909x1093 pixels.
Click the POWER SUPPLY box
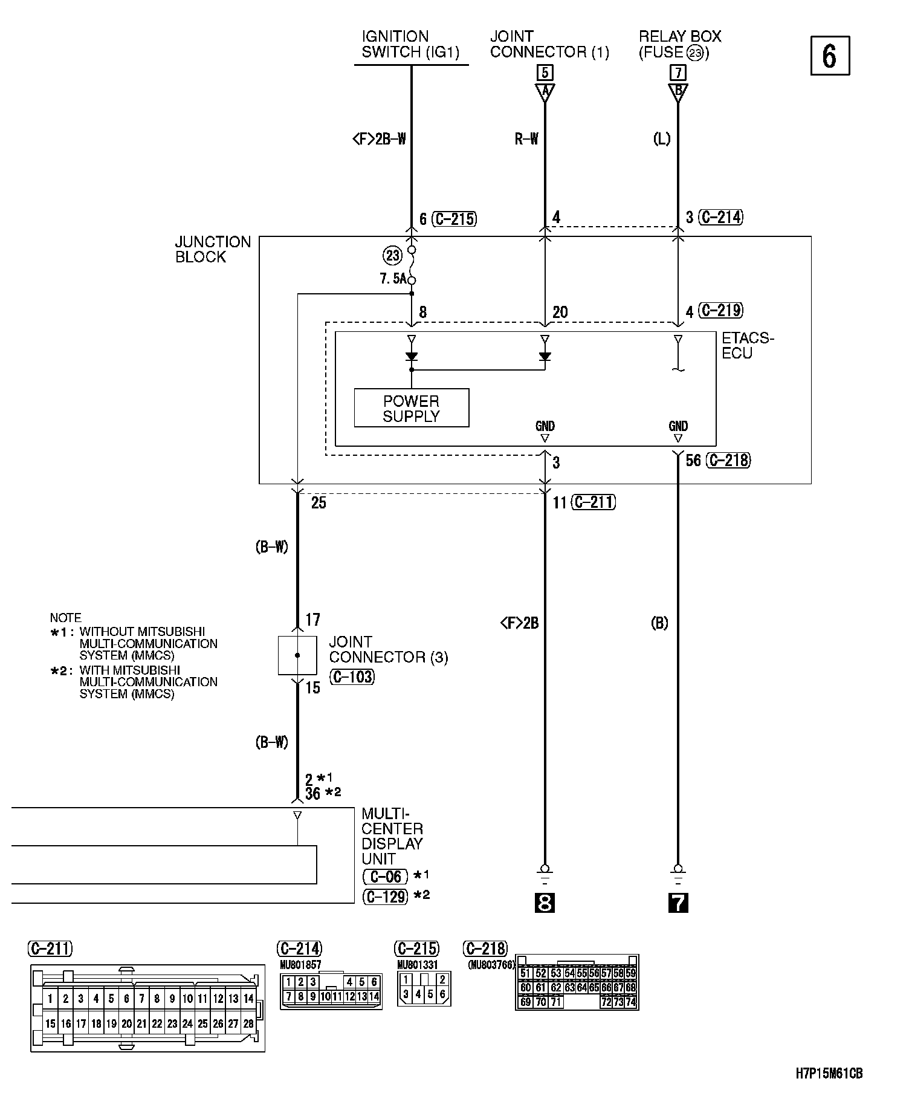411,408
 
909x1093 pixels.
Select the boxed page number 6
830,56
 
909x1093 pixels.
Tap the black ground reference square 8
545,903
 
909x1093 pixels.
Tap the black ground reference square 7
678,903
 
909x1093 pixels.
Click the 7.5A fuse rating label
392,279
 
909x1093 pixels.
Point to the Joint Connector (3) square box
297,655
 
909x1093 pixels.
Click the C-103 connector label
352,676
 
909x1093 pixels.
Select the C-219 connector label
720,311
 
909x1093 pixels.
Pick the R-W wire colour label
526,140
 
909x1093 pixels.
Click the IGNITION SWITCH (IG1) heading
410,45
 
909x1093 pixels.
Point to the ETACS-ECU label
747,346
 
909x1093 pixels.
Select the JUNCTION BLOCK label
213,249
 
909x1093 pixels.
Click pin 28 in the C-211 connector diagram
248,1023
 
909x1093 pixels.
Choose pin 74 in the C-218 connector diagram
630,1002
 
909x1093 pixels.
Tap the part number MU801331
417,965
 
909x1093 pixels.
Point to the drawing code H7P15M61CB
829,1074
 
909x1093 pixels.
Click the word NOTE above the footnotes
65,618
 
